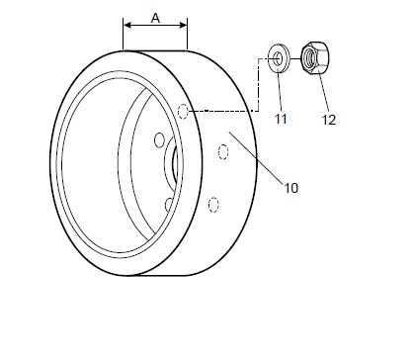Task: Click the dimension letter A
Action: point(155,18)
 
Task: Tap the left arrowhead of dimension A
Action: point(126,26)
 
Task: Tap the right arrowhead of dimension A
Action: point(183,26)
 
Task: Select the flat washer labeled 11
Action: point(279,58)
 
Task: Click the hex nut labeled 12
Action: point(315,57)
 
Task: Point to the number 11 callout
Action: point(281,119)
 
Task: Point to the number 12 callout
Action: point(329,120)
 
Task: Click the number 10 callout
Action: point(291,188)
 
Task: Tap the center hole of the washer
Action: point(278,59)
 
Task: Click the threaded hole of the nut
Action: point(309,57)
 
